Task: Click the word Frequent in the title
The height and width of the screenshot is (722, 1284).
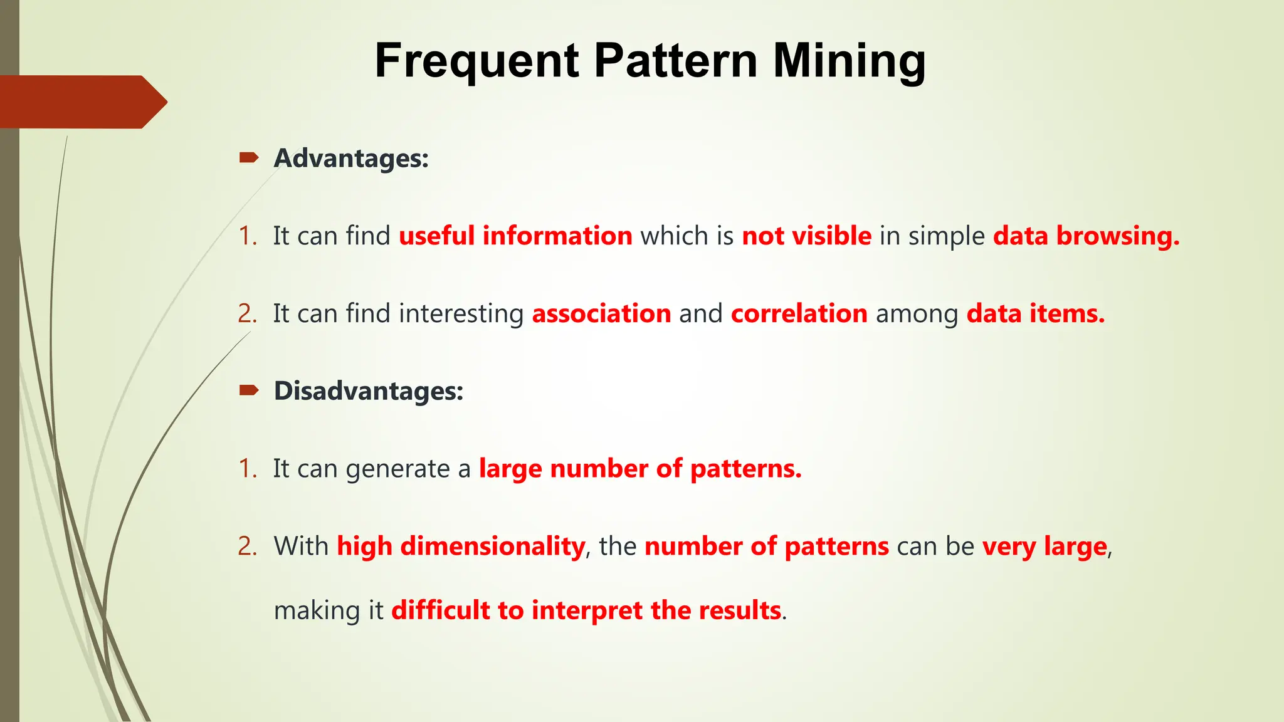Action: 476,61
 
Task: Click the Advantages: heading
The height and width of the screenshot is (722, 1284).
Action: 351,159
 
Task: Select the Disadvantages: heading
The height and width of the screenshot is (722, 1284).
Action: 369,391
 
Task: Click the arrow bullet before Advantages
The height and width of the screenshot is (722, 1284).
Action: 249,158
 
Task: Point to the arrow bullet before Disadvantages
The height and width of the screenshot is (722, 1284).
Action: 249,391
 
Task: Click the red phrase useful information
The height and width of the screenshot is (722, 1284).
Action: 515,236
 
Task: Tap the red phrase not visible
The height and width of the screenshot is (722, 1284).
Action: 806,236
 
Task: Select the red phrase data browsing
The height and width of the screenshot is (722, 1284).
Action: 1086,236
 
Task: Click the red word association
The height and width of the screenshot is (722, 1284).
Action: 601,314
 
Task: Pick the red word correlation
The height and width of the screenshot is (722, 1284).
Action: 799,314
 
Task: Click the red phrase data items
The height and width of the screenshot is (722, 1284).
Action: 1035,314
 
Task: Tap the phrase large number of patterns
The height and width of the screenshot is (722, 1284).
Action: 639,469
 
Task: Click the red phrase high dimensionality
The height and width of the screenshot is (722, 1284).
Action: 461,547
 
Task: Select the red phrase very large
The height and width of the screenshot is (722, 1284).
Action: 1045,547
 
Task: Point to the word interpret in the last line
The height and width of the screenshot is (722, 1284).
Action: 587,610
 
